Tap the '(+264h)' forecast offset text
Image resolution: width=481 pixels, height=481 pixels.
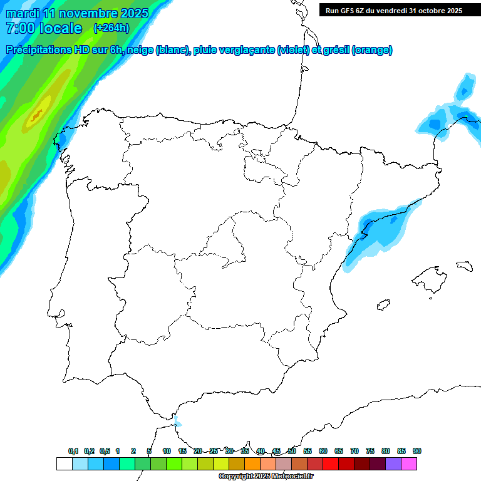tap(111, 28)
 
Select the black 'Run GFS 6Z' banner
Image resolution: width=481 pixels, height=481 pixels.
tap(392, 10)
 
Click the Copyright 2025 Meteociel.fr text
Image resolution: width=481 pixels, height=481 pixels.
tap(266, 477)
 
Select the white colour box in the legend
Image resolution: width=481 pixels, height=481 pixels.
tap(64, 463)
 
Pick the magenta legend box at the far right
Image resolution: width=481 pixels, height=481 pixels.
tap(409, 463)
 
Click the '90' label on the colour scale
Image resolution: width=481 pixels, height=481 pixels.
tap(417, 451)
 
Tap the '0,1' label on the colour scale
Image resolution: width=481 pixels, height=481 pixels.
tap(73, 451)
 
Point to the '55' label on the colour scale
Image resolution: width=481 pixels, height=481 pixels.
tap(308, 451)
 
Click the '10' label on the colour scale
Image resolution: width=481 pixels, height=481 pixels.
tap(167, 451)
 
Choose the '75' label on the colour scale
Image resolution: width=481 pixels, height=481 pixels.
tap(370, 451)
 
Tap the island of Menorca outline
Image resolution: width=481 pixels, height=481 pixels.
tap(464, 266)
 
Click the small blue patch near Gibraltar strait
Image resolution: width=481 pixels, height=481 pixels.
tap(178, 420)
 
